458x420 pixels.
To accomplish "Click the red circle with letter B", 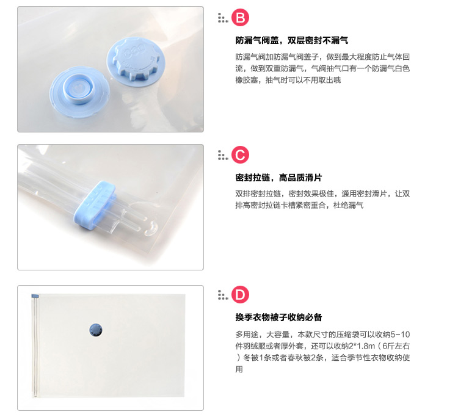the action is [240, 18].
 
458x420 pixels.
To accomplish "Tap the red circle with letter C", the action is [240, 155].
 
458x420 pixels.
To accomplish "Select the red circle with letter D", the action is [240, 295].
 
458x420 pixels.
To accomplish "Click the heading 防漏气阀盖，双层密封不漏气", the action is [292, 40].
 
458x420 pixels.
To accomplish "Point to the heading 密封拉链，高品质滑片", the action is [278, 178].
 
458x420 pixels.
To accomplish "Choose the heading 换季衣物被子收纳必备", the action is [278, 317].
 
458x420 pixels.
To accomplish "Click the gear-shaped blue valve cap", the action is [136, 59].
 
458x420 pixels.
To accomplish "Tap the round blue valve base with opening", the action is [79, 92].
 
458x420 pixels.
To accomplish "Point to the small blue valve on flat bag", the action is [96, 330].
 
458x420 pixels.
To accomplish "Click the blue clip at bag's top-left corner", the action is [35, 296].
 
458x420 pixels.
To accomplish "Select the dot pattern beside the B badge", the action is [222, 18].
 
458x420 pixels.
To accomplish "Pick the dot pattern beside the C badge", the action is [222, 155].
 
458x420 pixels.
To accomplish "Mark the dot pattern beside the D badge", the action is [222, 295].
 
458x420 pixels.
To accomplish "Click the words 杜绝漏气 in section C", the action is [349, 205].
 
